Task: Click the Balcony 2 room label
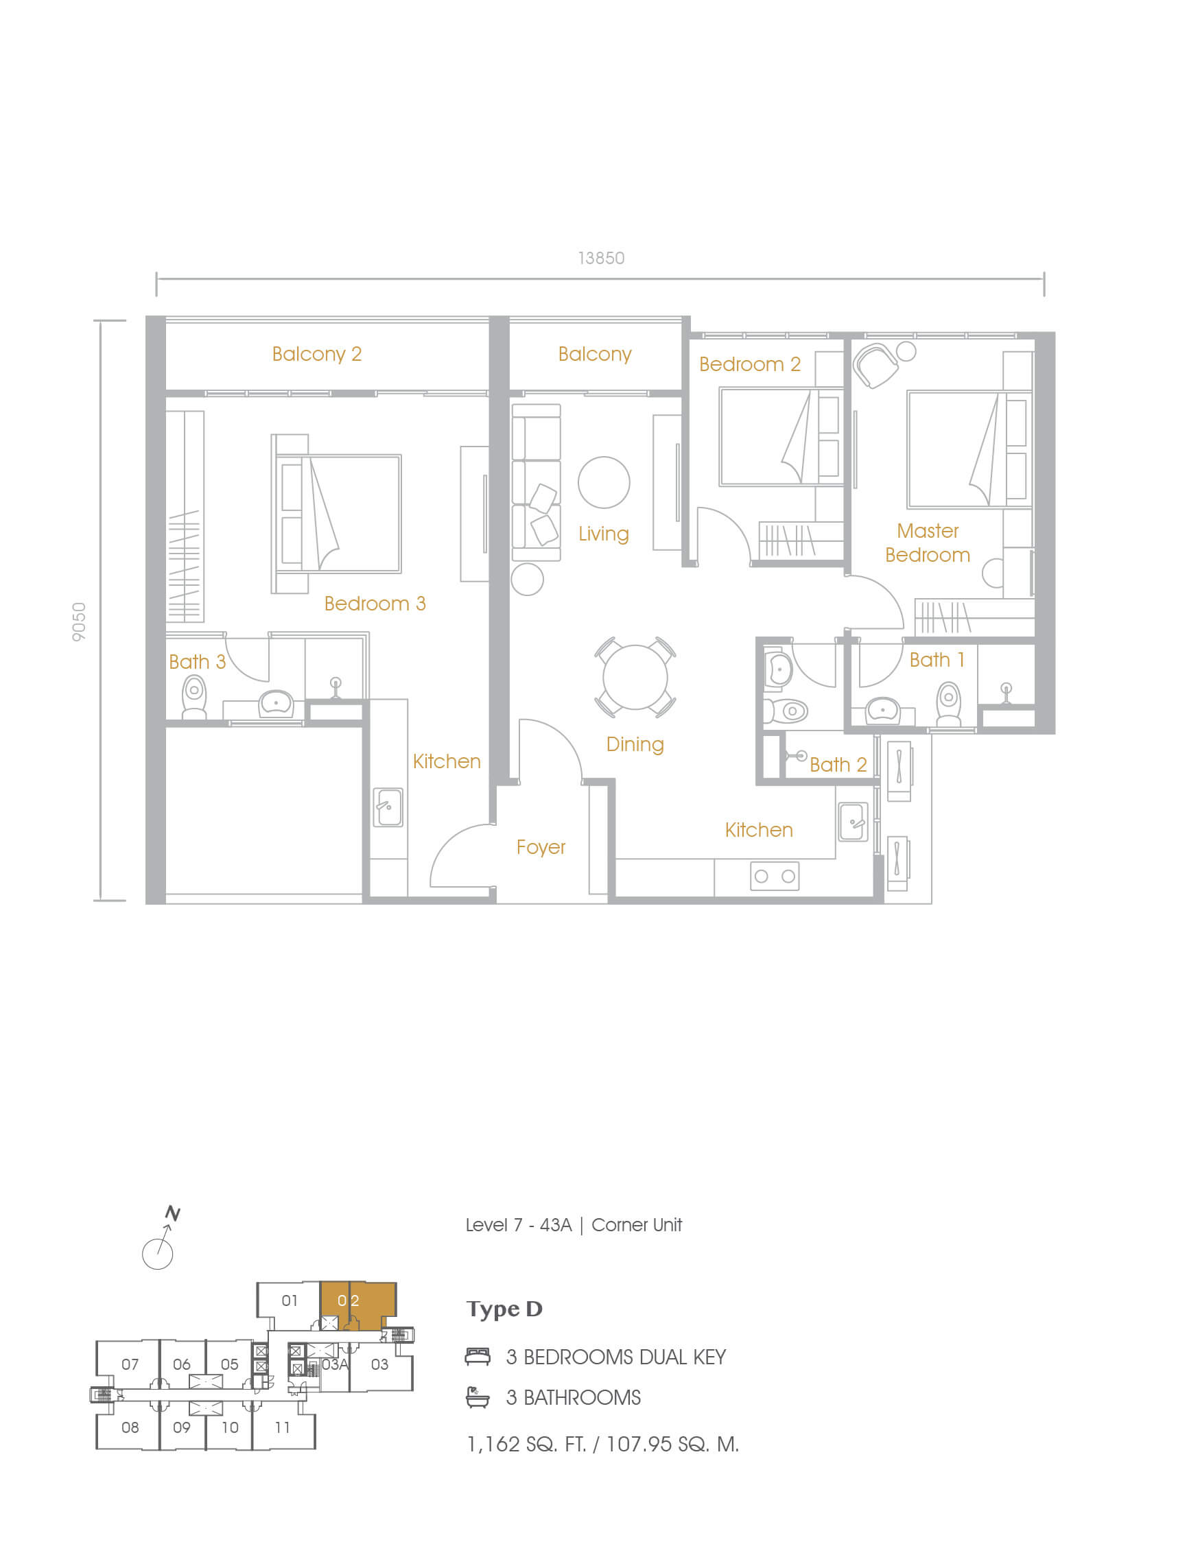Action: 317,353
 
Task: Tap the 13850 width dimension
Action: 601,258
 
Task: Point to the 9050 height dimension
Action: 79,622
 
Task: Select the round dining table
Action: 635,676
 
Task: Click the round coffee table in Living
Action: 604,482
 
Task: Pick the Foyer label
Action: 541,847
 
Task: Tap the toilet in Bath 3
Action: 193,696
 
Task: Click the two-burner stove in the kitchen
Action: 775,876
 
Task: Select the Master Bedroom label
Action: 928,543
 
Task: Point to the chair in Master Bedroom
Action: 875,365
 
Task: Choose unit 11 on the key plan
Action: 283,1427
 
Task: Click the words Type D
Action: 504,1309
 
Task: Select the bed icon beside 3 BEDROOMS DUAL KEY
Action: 478,1356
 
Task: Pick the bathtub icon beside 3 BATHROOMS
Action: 478,1397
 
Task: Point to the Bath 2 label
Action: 838,764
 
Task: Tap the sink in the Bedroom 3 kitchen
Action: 388,807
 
